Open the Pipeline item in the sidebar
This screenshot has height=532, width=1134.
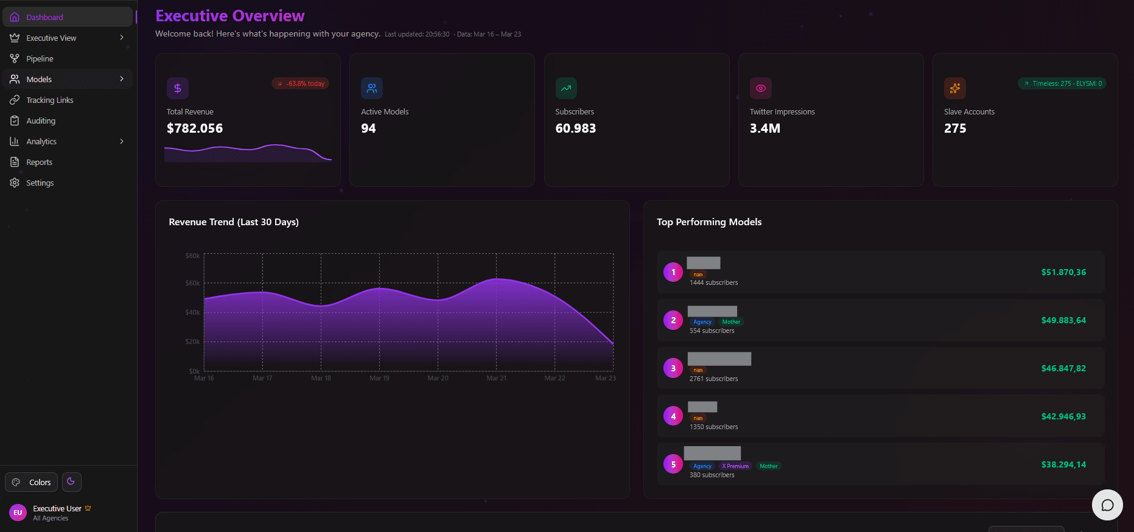pos(40,58)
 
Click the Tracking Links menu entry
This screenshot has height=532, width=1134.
pos(49,100)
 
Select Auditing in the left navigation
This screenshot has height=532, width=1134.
pos(40,121)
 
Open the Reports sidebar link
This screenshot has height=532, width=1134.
pos(39,162)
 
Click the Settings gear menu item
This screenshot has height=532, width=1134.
pos(40,183)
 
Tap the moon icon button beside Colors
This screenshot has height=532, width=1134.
pos(71,481)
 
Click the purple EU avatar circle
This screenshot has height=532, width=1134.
pos(18,513)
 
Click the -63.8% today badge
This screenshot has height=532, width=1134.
pos(301,83)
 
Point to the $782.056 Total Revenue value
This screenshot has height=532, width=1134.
pos(195,128)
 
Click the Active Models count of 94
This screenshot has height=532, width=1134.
pos(368,128)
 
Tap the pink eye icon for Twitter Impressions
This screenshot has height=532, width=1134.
pos(760,88)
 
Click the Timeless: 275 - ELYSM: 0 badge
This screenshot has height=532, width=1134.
pos(1062,83)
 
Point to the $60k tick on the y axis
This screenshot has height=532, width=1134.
pos(192,283)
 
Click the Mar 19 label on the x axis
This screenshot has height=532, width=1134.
pos(379,378)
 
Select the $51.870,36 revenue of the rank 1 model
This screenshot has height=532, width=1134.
pos(1063,272)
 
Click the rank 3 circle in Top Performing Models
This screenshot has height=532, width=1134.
pos(673,368)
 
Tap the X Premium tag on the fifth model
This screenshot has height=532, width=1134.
pos(735,466)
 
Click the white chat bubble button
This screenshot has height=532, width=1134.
pos(1107,505)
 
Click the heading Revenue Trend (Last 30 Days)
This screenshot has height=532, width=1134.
pos(234,222)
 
